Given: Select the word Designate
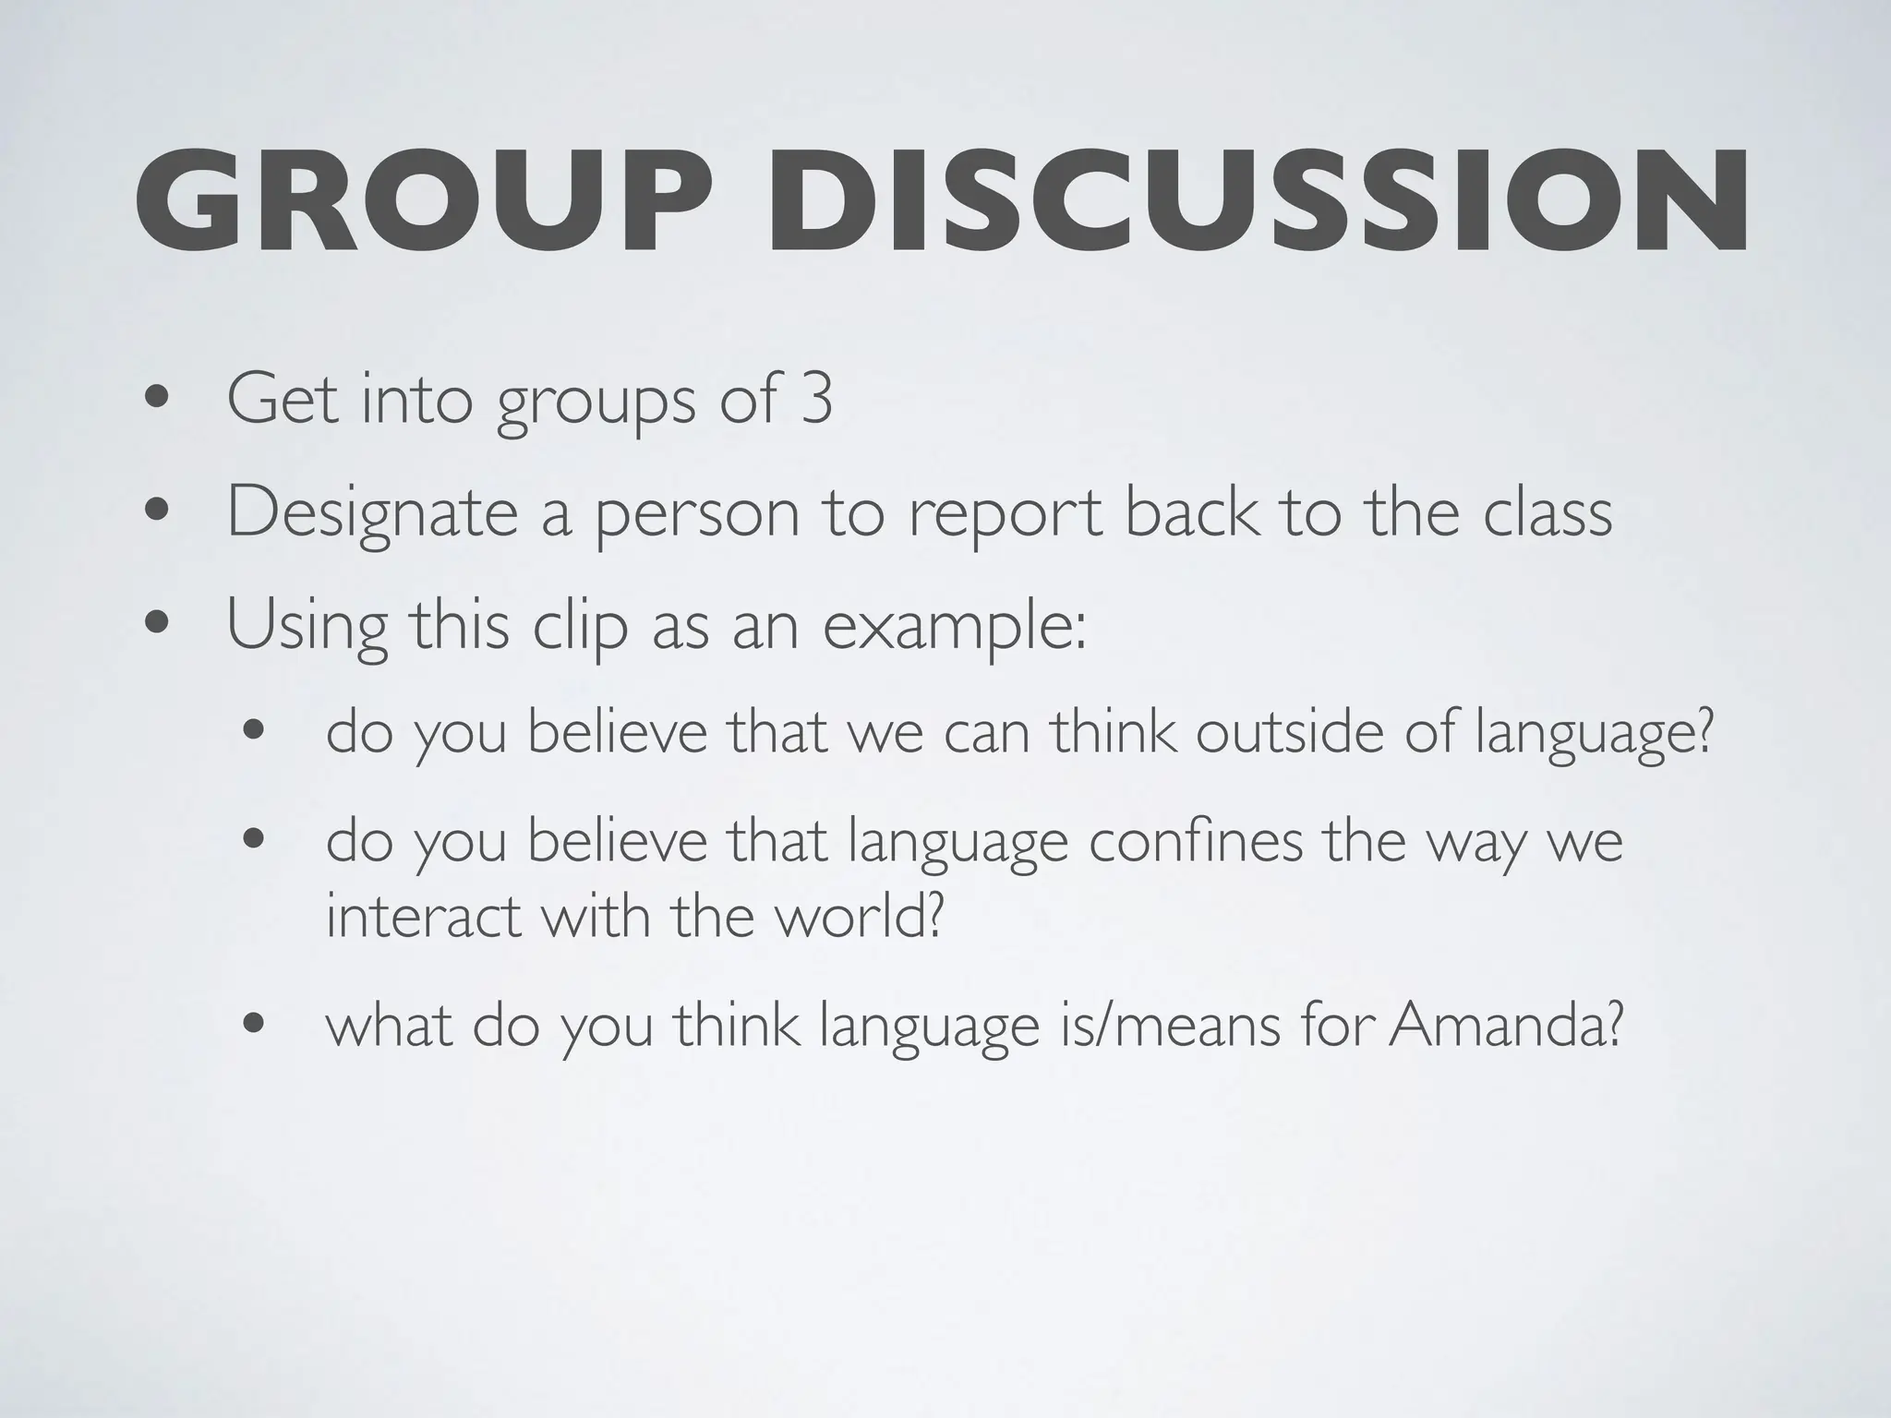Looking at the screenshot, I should pyautogui.click(x=372, y=513).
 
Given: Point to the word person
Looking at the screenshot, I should pyautogui.click(x=696, y=513).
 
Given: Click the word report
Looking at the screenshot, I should pyautogui.click(x=1006, y=513).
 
